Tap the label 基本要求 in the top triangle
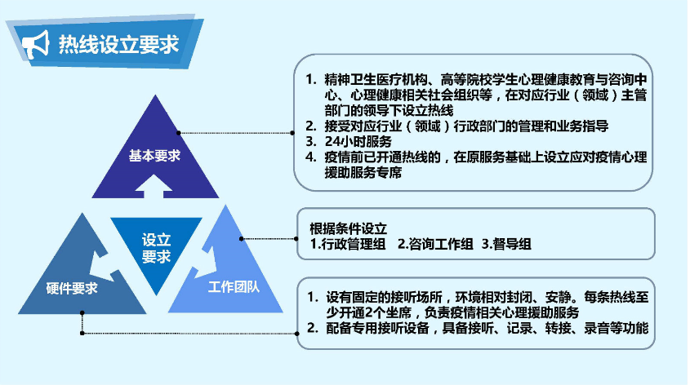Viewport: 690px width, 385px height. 154,155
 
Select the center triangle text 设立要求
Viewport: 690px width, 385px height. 156,248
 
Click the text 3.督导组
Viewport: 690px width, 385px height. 507,243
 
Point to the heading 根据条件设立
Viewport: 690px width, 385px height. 349,228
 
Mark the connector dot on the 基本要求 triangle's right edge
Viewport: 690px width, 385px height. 178,132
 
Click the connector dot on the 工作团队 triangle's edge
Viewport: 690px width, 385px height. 241,238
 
